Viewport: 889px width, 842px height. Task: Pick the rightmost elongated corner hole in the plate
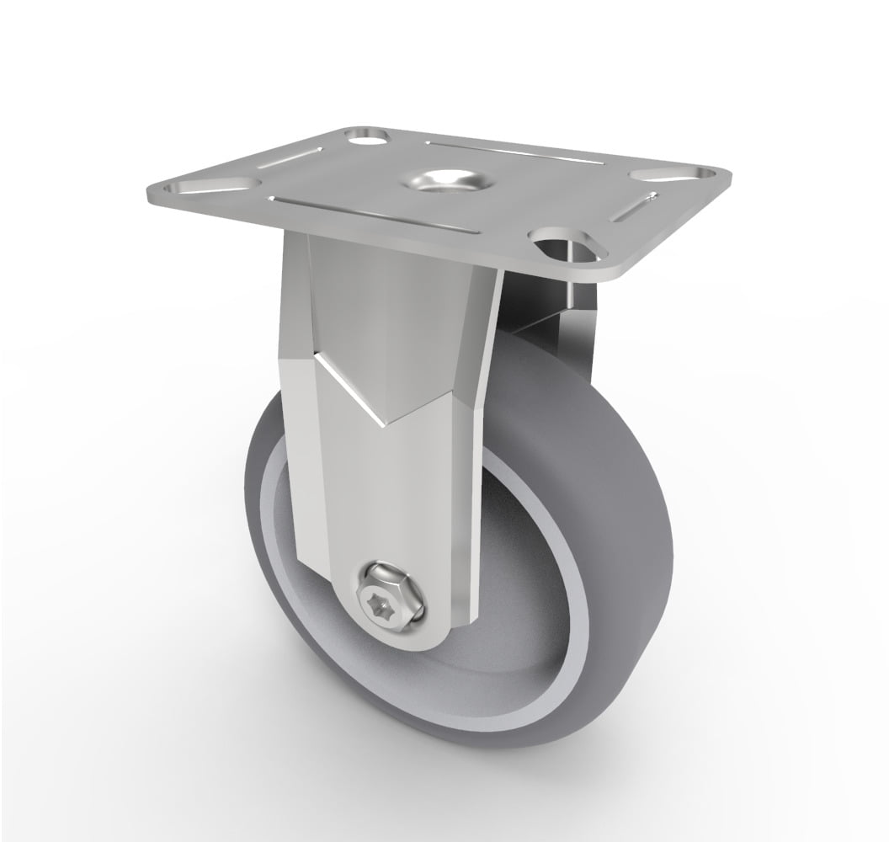coord(671,174)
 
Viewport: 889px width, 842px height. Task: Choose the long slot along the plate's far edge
coord(514,152)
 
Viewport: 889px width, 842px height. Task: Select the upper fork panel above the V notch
coord(396,320)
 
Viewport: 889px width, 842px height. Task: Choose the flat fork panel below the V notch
coord(396,505)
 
